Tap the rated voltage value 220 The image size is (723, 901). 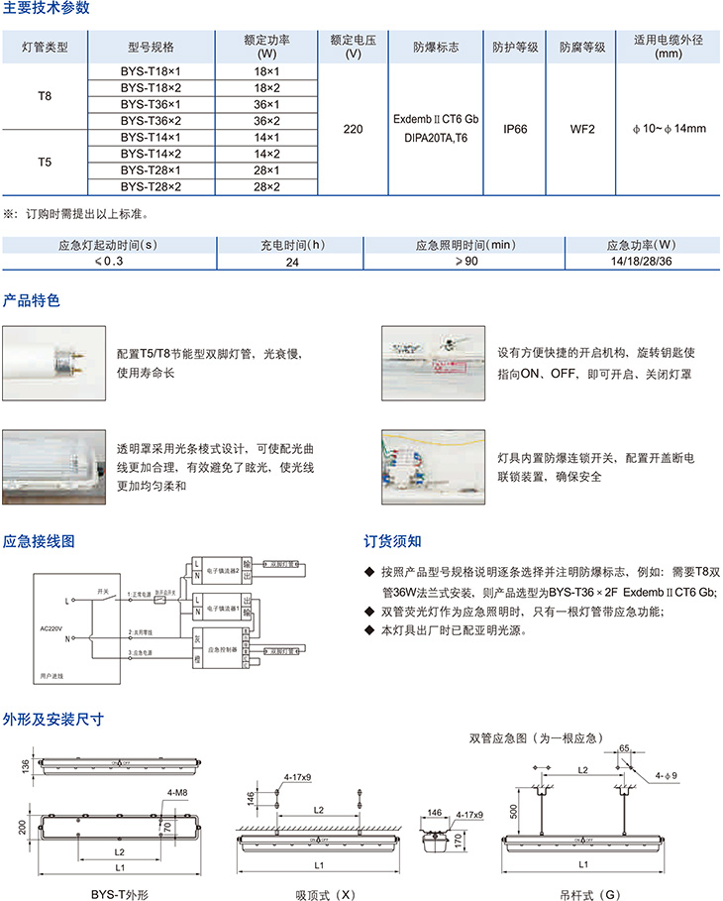(x=353, y=129)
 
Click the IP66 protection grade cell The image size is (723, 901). (x=515, y=129)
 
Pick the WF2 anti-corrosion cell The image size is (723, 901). (x=581, y=129)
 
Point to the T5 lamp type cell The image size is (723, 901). (x=45, y=161)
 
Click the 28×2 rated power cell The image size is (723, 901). (x=266, y=185)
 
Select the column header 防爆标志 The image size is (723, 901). (x=436, y=47)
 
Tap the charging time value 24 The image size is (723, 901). (x=292, y=262)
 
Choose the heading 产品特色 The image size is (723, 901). (x=32, y=299)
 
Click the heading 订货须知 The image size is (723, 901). (x=392, y=541)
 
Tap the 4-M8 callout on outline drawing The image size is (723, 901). (x=178, y=792)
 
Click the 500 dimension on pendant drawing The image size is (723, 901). (x=513, y=810)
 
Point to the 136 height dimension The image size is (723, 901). (x=23, y=765)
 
